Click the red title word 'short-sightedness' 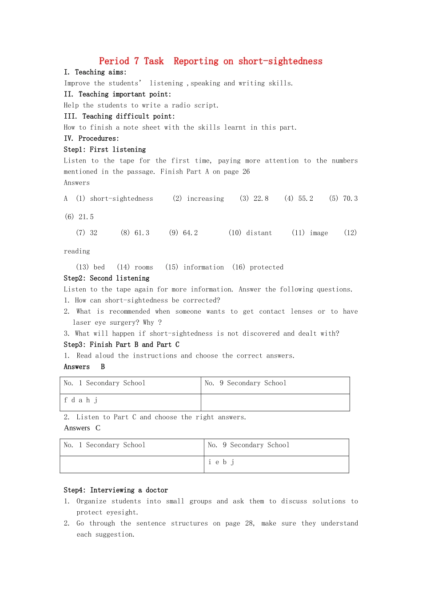(x=280, y=61)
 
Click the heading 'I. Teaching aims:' (x=95, y=72)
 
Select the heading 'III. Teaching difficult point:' (x=119, y=116)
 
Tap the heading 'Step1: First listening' (x=105, y=150)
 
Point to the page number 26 (x=246, y=172)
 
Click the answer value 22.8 (x=261, y=199)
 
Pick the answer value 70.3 (x=350, y=199)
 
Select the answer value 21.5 (x=86, y=217)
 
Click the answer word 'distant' (x=259, y=233)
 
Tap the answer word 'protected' (x=267, y=267)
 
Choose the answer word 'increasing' (x=205, y=199)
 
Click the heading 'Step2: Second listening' (x=107, y=279)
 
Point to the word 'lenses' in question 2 (x=302, y=312)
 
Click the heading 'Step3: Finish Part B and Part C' (x=122, y=345)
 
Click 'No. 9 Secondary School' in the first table (x=245, y=383)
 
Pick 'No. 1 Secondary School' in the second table (x=104, y=445)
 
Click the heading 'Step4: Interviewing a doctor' (x=116, y=490)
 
